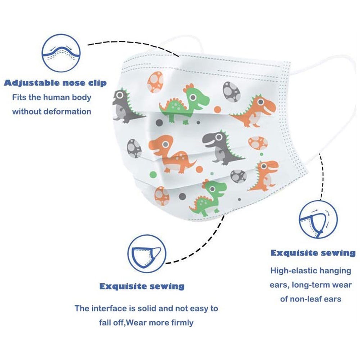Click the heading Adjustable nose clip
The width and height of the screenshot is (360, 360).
(x=55, y=83)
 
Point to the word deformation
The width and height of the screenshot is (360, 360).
(x=67, y=111)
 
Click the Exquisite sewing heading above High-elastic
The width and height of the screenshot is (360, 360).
(x=313, y=253)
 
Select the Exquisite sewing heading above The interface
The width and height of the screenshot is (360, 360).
(x=142, y=287)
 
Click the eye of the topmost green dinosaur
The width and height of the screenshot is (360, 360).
(x=193, y=97)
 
